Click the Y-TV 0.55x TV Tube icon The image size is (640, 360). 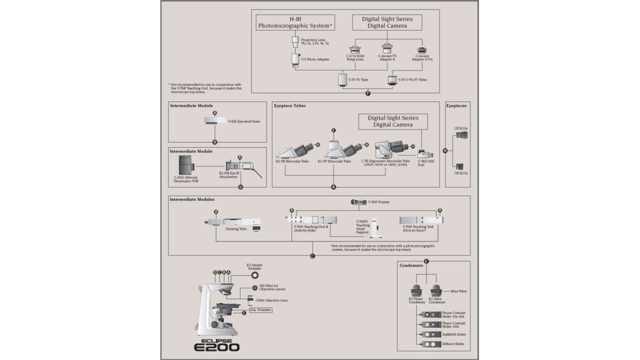[x=393, y=80]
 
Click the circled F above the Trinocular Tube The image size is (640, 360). [x=334, y=131]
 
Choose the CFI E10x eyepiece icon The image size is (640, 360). [x=463, y=135]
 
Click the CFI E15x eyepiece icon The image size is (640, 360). [x=461, y=166]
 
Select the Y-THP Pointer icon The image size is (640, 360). [x=359, y=202]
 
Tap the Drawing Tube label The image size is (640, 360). [x=236, y=229]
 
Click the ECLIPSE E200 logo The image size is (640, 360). [x=217, y=345]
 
